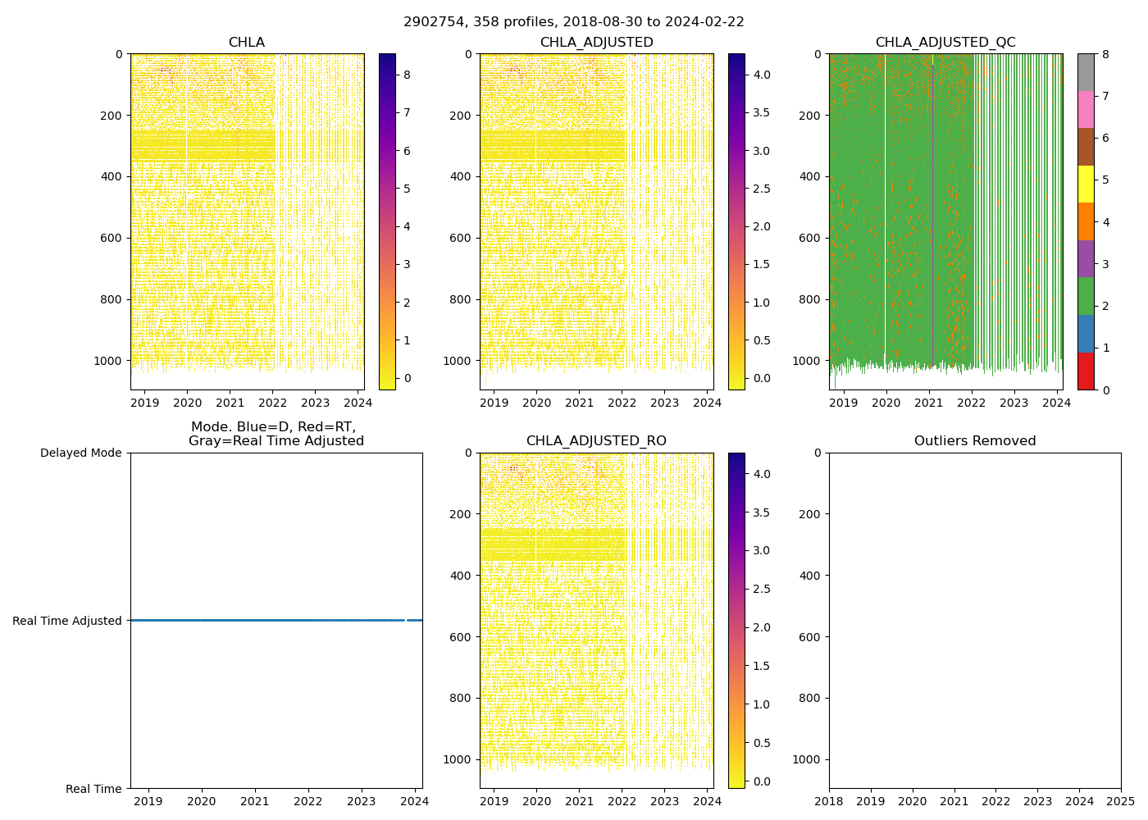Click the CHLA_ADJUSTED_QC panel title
(x=945, y=43)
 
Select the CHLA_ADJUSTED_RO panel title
(x=596, y=441)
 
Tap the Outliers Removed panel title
(x=975, y=441)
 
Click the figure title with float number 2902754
(x=574, y=22)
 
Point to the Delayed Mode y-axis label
(x=80, y=453)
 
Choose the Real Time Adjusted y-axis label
(x=67, y=621)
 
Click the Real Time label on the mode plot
(x=93, y=789)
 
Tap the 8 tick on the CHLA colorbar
(x=408, y=75)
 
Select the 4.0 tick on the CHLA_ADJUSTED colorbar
(x=762, y=75)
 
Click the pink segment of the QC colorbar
(x=1086, y=109)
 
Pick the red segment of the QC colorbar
(x=1086, y=371)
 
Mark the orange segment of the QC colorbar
(x=1086, y=221)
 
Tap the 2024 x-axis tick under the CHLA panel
(x=358, y=403)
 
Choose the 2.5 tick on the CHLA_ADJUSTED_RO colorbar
(x=762, y=589)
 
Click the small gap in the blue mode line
(x=406, y=620)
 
